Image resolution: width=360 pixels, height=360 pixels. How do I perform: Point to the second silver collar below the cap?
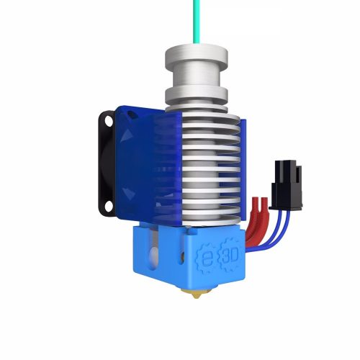pyautogui.click(x=196, y=94)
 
